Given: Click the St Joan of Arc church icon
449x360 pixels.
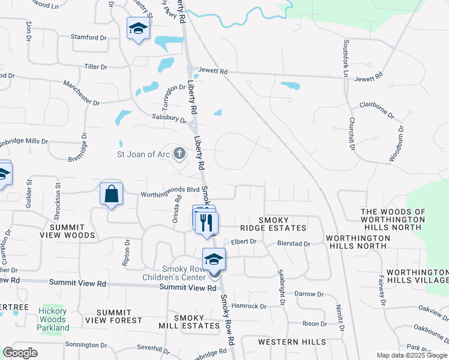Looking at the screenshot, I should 179,154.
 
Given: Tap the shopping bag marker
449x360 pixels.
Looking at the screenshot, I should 112,194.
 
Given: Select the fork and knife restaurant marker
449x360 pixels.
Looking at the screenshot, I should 207,223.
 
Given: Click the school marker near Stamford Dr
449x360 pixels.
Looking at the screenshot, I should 139,28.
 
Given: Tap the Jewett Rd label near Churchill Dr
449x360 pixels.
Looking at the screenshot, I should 368,78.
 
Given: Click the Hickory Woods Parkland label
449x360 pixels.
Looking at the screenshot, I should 53,319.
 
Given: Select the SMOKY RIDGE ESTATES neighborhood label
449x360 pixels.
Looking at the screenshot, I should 282,224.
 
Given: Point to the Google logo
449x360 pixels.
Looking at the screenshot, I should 20,353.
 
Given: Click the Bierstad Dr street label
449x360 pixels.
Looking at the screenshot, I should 294,244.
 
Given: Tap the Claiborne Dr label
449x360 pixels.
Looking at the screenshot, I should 376,109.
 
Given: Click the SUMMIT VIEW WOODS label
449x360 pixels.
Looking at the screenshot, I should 72,232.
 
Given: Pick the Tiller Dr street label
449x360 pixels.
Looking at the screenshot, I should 96,67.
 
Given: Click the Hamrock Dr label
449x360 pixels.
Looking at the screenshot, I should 249,306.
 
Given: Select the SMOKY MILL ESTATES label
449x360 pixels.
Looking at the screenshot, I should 197,322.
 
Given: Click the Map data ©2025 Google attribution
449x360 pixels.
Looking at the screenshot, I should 412,355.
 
